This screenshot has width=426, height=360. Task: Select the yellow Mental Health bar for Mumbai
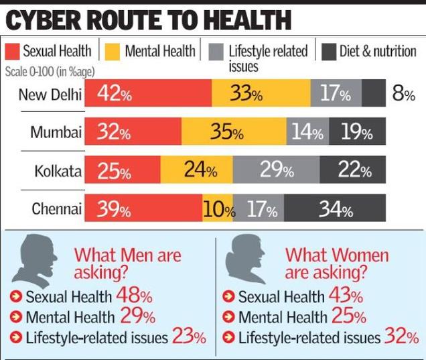[234, 132]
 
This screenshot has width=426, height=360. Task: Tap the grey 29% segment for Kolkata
[276, 171]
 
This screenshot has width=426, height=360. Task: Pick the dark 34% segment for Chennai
[335, 210]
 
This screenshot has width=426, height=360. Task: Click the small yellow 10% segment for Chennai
[218, 210]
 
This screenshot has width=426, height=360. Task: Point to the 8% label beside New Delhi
[403, 94]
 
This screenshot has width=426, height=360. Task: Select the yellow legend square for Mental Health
[113, 52]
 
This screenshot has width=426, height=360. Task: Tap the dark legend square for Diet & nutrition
[328, 52]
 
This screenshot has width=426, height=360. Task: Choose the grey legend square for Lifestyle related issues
[215, 52]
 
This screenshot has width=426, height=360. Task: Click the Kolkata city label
[58, 171]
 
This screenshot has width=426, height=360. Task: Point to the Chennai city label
[57, 209]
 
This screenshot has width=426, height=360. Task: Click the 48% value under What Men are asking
[134, 295]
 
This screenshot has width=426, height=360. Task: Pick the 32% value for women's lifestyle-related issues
[401, 337]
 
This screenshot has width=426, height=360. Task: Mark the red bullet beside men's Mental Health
[16, 317]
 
